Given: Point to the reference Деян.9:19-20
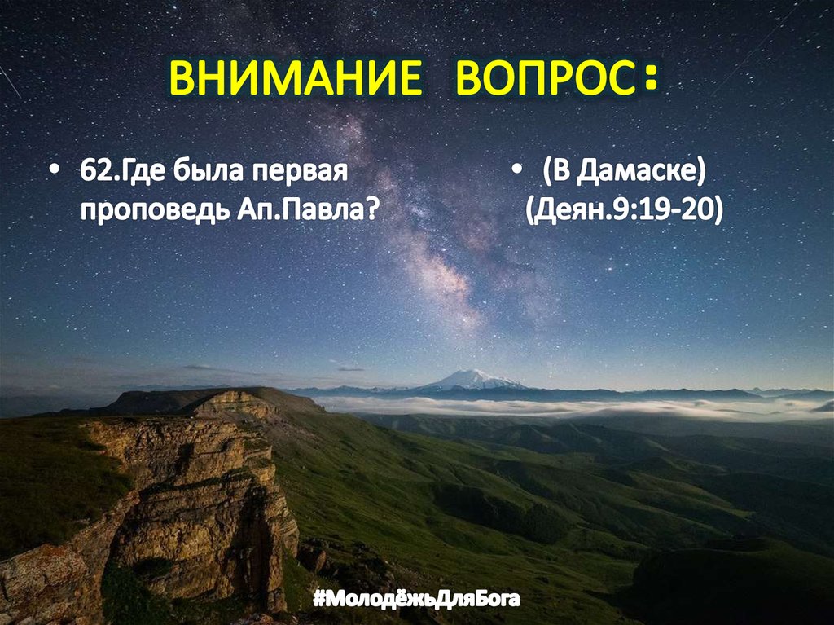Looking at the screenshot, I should (x=624, y=209).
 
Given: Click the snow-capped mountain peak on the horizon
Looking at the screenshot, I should (x=474, y=379).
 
